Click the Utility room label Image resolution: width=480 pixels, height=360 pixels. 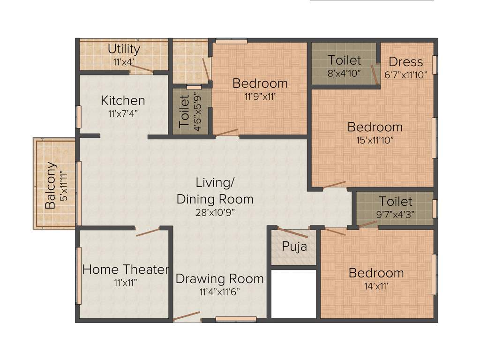tap(124, 49)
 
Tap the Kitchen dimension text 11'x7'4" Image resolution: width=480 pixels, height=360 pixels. tap(123, 113)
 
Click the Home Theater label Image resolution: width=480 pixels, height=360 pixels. tap(125, 270)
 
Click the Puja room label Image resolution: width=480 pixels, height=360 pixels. tap(294, 246)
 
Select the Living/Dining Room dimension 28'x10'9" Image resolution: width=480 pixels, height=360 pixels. tap(215, 212)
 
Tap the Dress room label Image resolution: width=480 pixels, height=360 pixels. tap(405, 62)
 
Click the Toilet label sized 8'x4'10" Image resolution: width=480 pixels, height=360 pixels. tap(345, 60)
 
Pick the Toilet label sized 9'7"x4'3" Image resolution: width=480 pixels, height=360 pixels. tap(396, 202)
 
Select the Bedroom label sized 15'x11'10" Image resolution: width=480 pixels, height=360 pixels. tap(375, 127)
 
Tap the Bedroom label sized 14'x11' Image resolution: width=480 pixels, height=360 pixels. tap(376, 273)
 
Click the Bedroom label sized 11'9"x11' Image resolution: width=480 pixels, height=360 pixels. tap(260, 84)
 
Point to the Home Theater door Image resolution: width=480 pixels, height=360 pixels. tap(148, 232)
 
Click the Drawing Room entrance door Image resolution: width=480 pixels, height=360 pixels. tap(186, 317)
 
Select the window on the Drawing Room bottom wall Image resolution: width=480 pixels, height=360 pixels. tap(236, 319)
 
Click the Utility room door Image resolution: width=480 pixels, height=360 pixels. tap(141, 69)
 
